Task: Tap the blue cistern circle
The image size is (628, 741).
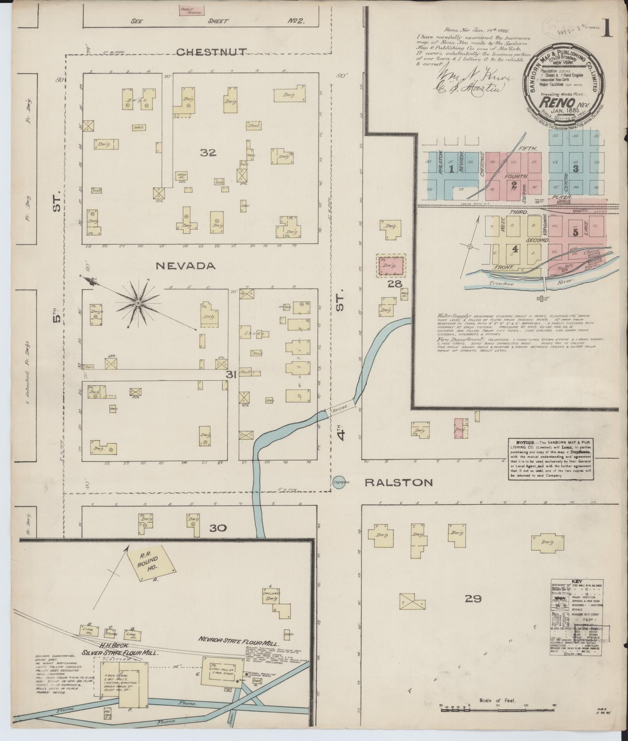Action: pyautogui.click(x=339, y=482)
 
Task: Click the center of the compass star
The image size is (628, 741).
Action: pyautogui.click(x=137, y=302)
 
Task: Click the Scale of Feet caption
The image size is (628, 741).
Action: pyautogui.click(x=497, y=700)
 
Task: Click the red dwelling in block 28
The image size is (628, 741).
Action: pyautogui.click(x=391, y=266)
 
